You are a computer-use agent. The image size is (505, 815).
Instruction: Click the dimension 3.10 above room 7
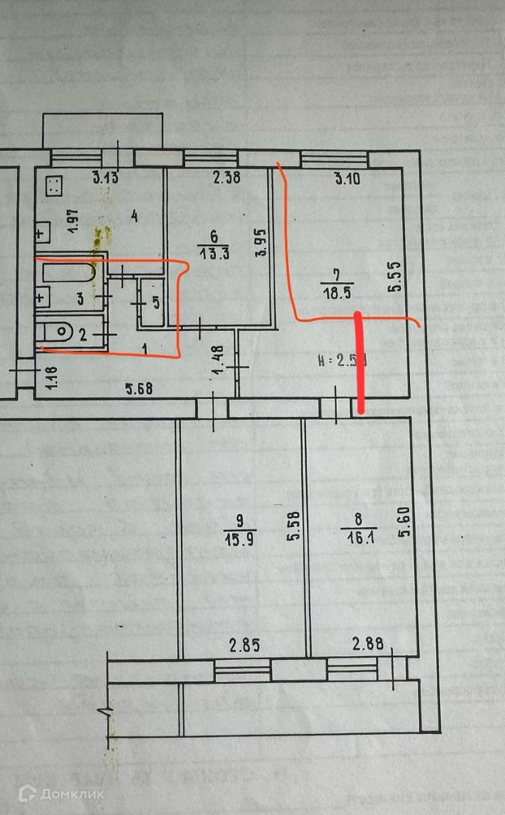coord(346,179)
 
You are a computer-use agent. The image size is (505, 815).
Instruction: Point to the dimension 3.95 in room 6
coord(261,241)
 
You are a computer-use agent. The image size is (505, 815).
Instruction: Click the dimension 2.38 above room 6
coord(227,178)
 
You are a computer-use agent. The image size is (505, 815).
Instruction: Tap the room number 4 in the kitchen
coord(134,217)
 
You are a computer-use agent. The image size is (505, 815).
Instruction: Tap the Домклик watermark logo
coord(62,793)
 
